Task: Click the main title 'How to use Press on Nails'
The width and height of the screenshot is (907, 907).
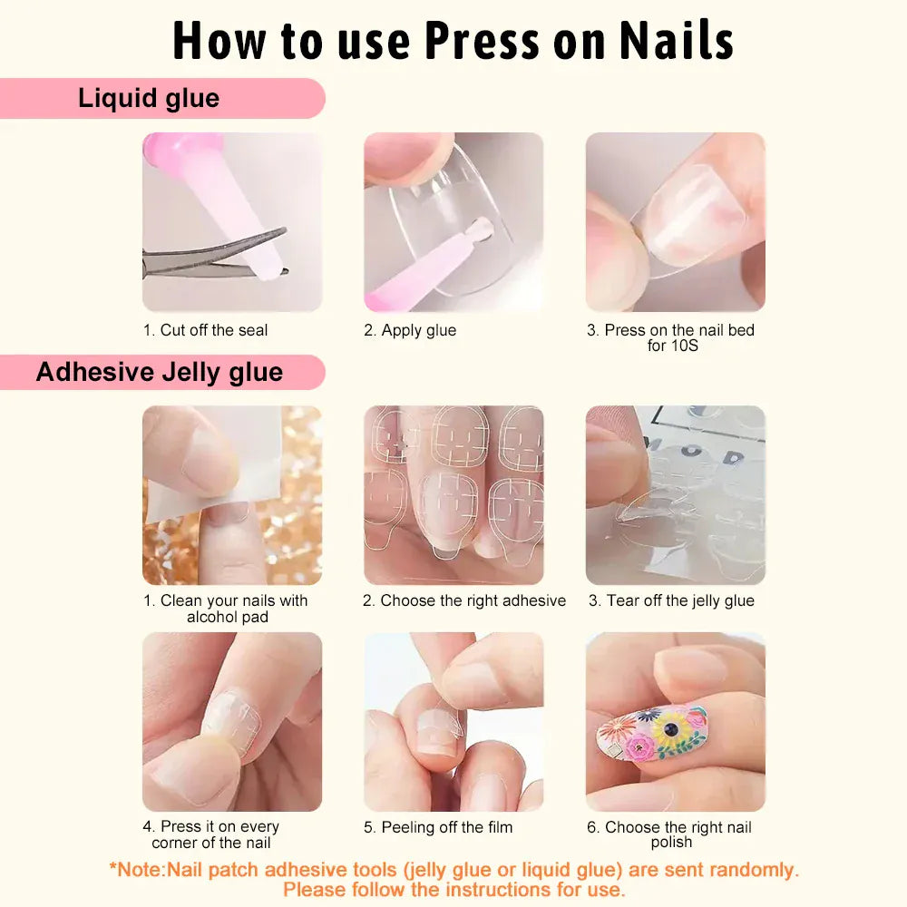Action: click(453, 41)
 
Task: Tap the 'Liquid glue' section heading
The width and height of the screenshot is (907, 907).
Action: click(149, 98)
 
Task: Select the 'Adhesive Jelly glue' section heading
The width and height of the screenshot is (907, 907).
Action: click(160, 372)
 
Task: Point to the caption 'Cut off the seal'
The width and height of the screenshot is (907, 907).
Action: click(206, 330)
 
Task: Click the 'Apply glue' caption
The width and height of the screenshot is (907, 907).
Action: click(410, 330)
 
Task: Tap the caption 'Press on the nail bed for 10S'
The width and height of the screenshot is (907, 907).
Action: click(671, 337)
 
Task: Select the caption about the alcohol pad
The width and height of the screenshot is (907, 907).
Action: click(226, 609)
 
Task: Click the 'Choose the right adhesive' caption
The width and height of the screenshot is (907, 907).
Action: click(463, 600)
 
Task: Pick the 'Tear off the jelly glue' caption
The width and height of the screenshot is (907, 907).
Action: click(671, 600)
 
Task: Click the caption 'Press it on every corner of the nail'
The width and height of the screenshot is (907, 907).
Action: click(211, 834)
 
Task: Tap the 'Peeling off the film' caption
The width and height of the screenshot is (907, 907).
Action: click(438, 827)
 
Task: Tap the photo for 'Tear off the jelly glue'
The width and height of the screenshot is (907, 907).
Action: click(675, 494)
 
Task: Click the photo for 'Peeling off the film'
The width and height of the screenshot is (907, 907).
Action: click(453, 721)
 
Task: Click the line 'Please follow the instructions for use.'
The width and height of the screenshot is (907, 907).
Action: click(453, 890)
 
